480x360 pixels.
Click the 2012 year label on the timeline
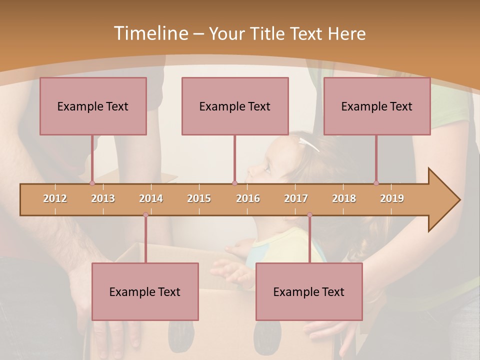[55, 198]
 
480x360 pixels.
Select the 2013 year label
[103, 198]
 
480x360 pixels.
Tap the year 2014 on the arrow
[151, 198]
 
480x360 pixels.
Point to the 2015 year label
[199, 198]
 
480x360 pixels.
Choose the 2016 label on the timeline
[248, 198]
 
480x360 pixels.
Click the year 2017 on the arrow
[296, 198]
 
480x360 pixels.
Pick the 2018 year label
[344, 198]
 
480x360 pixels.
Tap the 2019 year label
[392, 198]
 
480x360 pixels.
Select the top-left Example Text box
[93, 106]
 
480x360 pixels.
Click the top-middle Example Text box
[235, 106]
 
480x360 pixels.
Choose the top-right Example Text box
[377, 106]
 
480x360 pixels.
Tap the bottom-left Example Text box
[145, 291]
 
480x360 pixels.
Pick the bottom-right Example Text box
[309, 291]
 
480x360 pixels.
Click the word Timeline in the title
[150, 33]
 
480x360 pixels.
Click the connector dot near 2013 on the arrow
[92, 183]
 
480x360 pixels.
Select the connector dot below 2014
[145, 215]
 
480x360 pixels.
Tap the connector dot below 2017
[309, 215]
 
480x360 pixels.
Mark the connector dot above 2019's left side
[376, 183]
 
